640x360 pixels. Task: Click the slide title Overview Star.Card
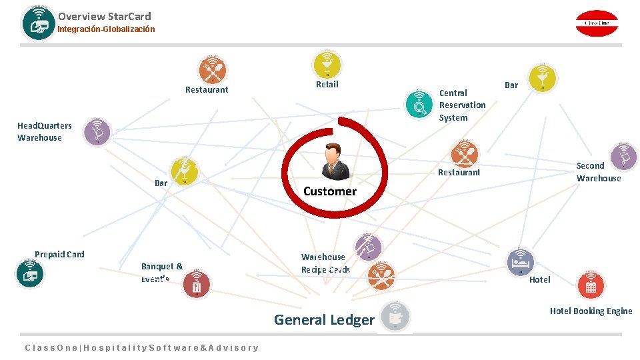click(x=104, y=16)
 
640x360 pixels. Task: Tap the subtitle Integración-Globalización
click(x=106, y=29)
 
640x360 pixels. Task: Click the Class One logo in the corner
click(x=597, y=23)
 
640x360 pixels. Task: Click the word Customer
click(x=329, y=191)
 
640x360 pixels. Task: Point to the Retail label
click(x=327, y=85)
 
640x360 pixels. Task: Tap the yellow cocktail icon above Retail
click(x=327, y=64)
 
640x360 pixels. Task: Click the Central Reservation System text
click(x=462, y=105)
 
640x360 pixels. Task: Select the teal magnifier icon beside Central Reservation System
click(x=420, y=104)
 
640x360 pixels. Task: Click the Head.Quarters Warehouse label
click(x=44, y=132)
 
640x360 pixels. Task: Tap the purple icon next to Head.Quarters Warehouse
click(x=97, y=132)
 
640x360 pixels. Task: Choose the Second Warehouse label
click(x=598, y=172)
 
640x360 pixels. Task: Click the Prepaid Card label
click(x=59, y=254)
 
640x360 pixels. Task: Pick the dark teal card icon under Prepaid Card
click(x=30, y=273)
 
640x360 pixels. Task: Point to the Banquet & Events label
click(x=161, y=272)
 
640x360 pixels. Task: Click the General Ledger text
click(x=324, y=320)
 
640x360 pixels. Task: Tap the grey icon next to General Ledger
click(x=395, y=317)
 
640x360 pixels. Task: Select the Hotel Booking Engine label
click(x=591, y=311)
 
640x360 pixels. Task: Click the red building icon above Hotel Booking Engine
click(x=591, y=286)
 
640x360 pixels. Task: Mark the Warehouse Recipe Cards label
click(x=325, y=263)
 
